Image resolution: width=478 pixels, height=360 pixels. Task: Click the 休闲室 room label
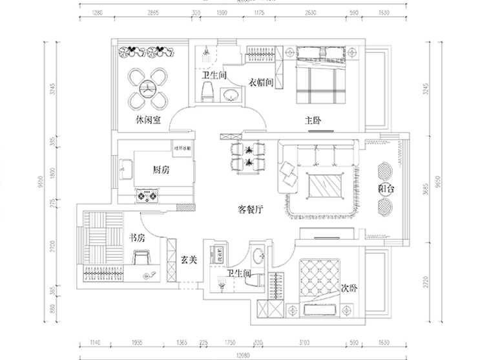(148, 121)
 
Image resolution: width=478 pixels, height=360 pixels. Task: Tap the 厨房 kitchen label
(161, 170)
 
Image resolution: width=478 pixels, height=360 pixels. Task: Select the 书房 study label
(138, 238)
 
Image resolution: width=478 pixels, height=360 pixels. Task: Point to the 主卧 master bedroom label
(313, 121)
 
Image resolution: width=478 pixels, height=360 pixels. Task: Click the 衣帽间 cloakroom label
(262, 82)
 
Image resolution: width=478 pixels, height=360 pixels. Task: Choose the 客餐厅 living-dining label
(250, 209)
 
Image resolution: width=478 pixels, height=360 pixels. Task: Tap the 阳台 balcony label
(386, 189)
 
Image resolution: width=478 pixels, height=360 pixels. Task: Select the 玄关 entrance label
(189, 260)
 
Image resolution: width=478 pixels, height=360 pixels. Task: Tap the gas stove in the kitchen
(147, 194)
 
